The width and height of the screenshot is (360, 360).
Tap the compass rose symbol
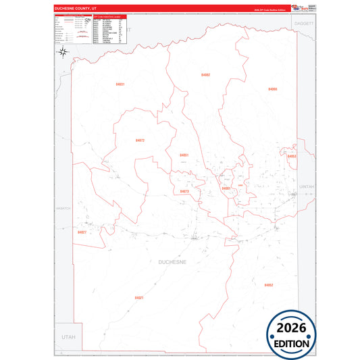click(61, 53)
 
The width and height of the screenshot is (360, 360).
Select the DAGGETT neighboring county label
click(303, 23)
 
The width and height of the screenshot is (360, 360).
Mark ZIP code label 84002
click(205, 74)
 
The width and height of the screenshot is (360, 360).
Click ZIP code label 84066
click(272, 89)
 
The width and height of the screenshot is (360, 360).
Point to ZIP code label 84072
click(140, 140)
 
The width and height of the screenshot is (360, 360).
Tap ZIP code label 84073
click(184, 191)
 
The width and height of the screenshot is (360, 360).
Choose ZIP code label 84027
click(82, 232)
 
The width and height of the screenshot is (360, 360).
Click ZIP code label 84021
click(139, 297)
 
